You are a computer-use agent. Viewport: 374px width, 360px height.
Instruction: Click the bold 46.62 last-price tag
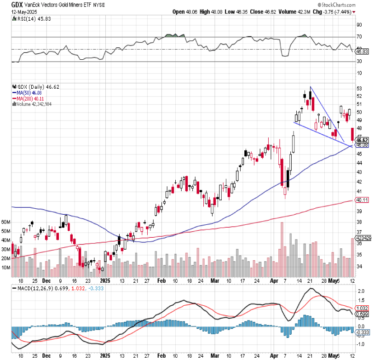coord(361,140)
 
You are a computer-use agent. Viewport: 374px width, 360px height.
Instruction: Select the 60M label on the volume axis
coord(6,222)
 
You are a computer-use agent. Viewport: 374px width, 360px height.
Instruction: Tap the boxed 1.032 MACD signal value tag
coord(361,308)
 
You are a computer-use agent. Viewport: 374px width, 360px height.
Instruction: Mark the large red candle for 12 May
coord(352,135)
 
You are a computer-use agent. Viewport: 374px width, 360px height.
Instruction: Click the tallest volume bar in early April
coord(282,249)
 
